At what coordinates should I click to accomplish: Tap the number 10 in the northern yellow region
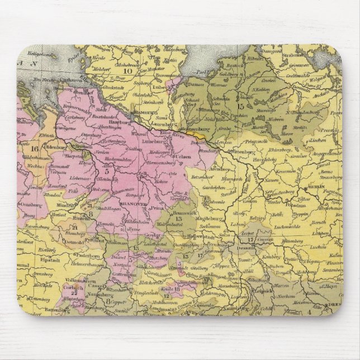[129, 70]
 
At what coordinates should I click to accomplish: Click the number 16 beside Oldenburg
[34, 149]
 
